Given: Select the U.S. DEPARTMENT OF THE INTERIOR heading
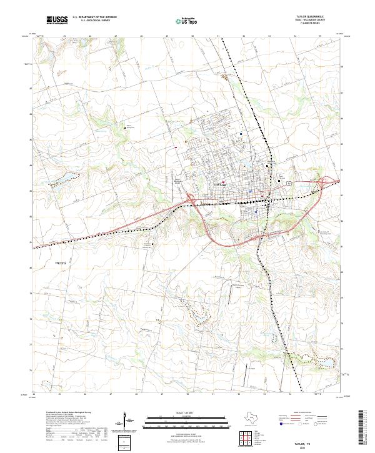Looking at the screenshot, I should tap(94, 17).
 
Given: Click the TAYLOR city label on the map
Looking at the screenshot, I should tap(221, 186).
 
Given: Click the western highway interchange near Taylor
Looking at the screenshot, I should tap(190, 199).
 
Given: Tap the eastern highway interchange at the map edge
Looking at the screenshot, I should tap(326, 182).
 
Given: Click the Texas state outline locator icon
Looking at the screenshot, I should tap(249, 417).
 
